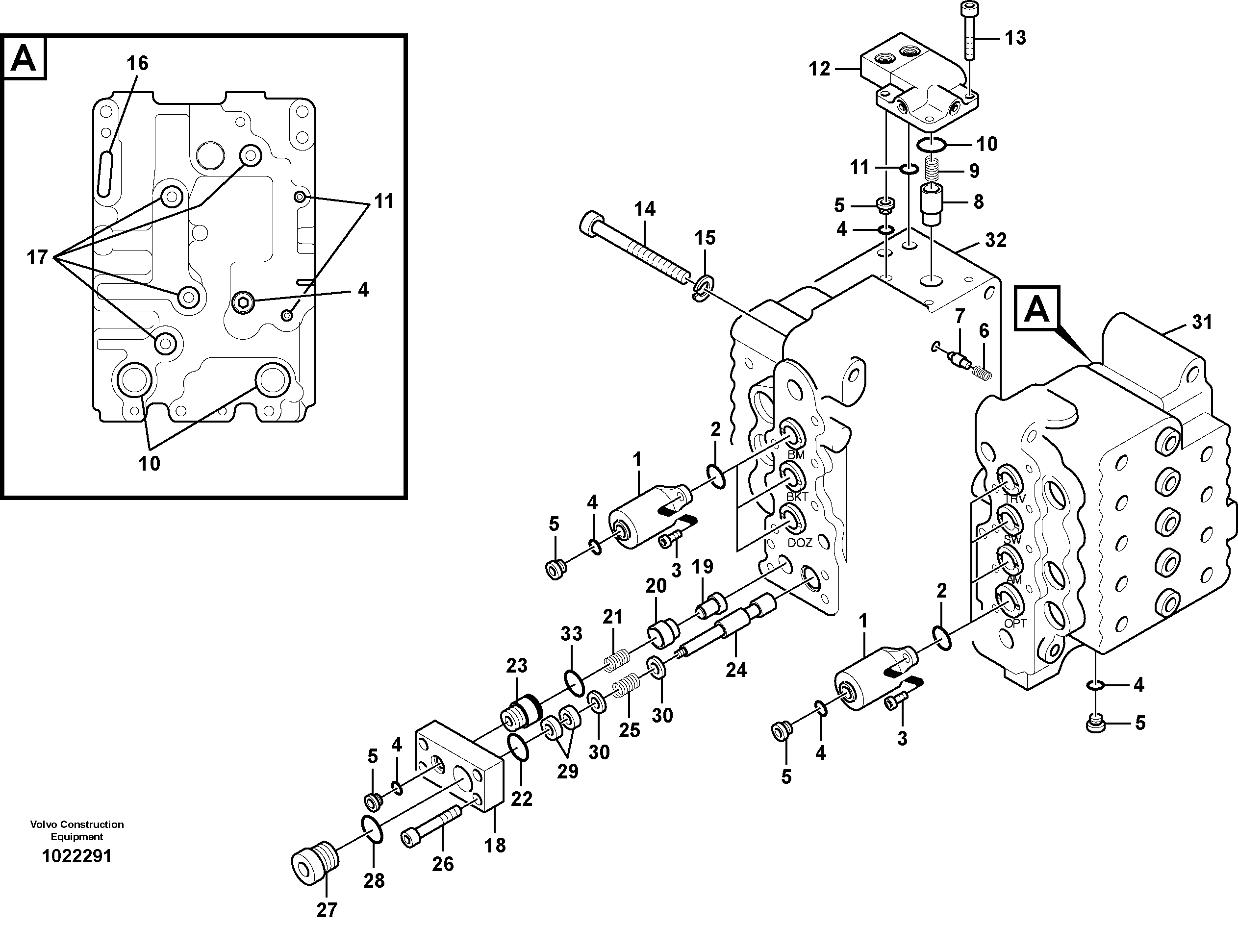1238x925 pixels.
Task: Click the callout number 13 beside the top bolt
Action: (x=1015, y=38)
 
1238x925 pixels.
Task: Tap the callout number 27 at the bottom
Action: (x=327, y=910)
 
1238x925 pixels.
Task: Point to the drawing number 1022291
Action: (x=76, y=856)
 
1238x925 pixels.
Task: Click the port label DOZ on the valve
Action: (x=800, y=543)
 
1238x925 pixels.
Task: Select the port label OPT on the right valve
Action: (x=1015, y=623)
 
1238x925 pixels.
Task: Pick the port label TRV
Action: (x=1015, y=499)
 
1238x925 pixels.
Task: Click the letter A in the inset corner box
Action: (x=24, y=58)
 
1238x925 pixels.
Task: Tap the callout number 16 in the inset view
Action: (x=137, y=63)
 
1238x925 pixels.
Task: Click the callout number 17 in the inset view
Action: (x=37, y=258)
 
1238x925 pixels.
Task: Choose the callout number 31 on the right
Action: (x=1202, y=323)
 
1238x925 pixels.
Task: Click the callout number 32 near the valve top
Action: (x=996, y=241)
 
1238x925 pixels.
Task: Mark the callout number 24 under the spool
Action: (x=736, y=670)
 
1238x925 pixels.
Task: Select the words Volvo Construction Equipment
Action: (x=76, y=830)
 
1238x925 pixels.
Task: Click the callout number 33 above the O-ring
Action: (x=571, y=634)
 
